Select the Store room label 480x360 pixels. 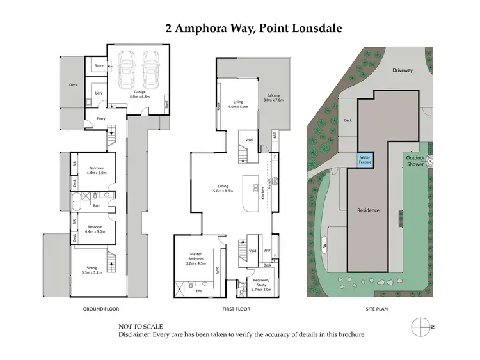pos(99,65)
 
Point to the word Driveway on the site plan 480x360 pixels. pos(404,72)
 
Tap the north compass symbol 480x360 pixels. pos(420,325)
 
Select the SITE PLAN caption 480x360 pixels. pos(376,309)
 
